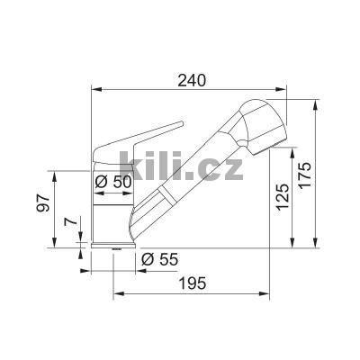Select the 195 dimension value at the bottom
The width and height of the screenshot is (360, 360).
192,283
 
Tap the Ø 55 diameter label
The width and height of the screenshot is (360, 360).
160,261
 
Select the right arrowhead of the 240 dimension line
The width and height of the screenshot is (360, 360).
290,89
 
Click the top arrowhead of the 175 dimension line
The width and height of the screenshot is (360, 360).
316,101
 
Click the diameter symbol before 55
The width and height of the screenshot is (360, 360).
147,261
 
